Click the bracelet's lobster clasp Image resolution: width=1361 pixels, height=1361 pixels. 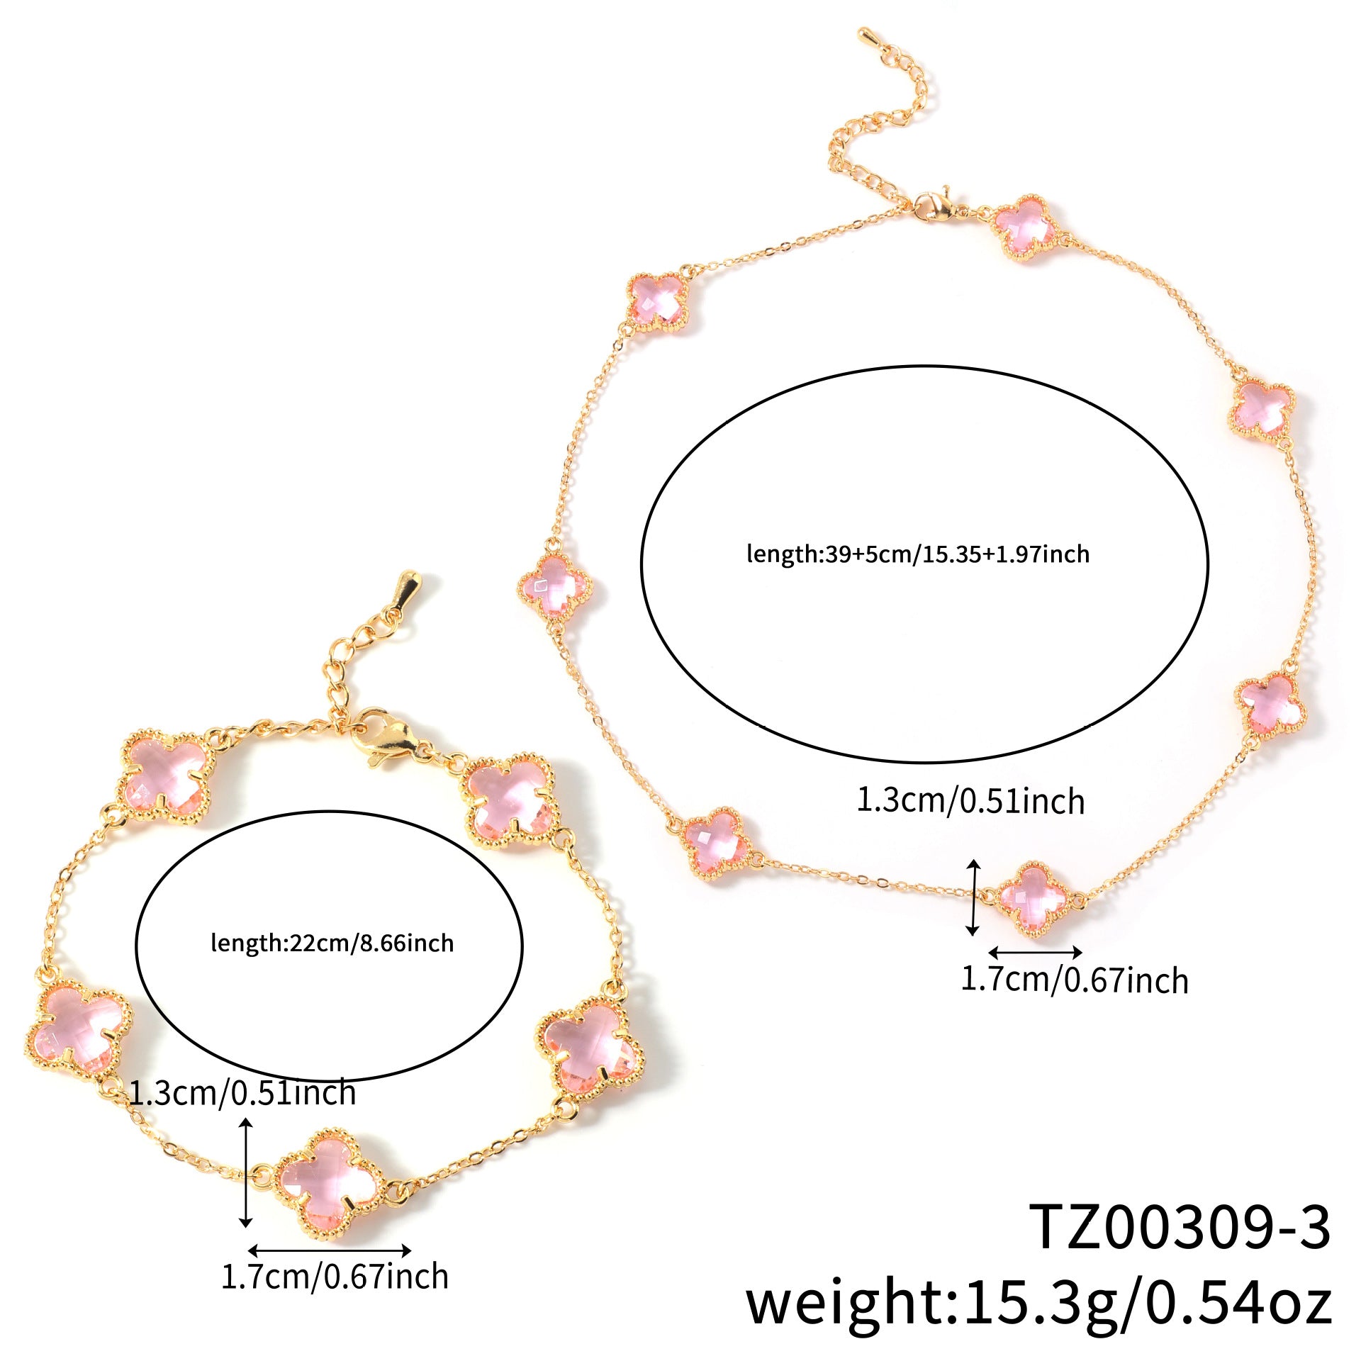pos(383,737)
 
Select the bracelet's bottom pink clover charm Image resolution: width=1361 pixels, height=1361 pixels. pos(329,1181)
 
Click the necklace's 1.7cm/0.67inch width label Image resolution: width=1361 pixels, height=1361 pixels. pos(1075,980)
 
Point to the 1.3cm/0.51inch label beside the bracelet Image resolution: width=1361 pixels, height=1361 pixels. pos(242,1092)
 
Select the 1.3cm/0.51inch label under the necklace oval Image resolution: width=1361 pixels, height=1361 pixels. pos(971,801)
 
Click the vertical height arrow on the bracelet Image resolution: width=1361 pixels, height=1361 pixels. pos(245,1173)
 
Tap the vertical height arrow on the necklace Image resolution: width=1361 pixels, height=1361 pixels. pos(974,897)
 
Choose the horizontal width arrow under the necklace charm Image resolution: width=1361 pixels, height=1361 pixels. pos(1036,952)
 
